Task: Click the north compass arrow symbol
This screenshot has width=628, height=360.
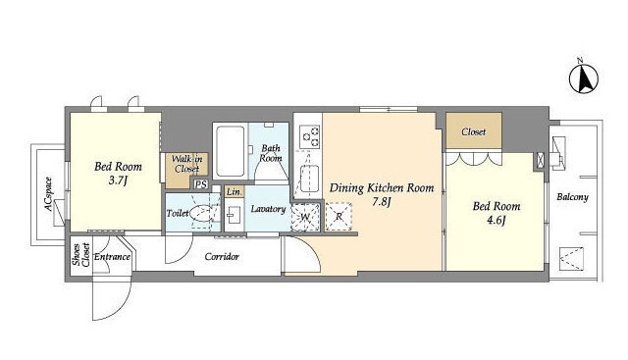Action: click(584, 78)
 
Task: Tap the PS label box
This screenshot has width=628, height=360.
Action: click(201, 184)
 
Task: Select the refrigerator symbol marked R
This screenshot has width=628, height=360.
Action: click(339, 217)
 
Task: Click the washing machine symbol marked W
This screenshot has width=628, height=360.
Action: click(305, 218)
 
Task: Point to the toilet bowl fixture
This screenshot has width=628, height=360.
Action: click(201, 212)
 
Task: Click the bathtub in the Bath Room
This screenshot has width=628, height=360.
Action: click(230, 151)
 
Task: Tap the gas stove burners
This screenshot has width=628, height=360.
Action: click(310, 135)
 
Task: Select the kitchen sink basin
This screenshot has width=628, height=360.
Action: click(310, 179)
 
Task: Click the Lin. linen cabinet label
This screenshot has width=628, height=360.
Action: click(234, 192)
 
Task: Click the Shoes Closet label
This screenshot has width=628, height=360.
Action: click(80, 254)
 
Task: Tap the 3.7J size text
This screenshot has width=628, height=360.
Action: click(118, 180)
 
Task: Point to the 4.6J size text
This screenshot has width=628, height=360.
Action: click(497, 221)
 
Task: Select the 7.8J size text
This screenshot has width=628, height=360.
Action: click(382, 202)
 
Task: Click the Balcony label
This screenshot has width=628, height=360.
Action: click(573, 197)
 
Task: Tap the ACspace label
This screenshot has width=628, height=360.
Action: click(48, 194)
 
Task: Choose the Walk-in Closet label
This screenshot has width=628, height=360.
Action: click(187, 164)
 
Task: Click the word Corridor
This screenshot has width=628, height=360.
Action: click(222, 257)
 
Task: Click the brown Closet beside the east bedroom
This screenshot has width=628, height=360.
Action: click(474, 131)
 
